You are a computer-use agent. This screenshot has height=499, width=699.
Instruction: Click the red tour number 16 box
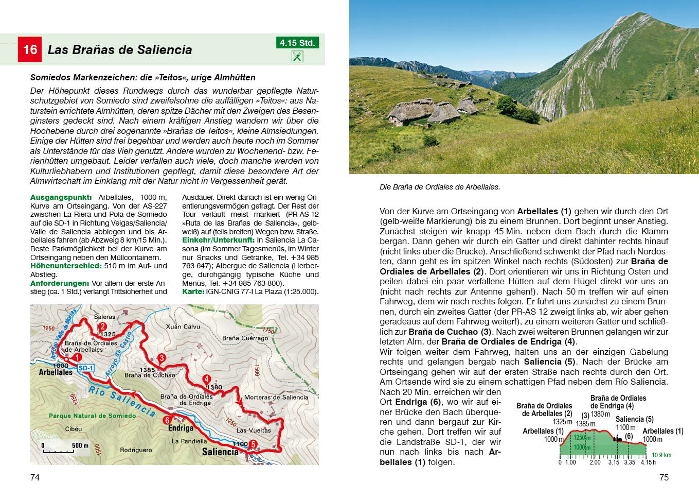coord(29,49)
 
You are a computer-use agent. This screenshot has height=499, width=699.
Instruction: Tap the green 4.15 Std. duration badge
coord(297,43)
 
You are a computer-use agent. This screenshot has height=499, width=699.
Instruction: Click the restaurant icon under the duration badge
coord(297,56)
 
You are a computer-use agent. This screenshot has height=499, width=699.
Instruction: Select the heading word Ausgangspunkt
coord(61,197)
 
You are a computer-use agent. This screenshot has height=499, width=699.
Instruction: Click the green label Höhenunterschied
coord(66,266)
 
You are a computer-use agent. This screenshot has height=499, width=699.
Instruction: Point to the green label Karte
coord(193,291)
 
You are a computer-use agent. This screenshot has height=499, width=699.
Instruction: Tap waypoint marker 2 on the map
coord(102,326)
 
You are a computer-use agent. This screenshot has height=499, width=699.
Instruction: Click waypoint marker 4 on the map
coord(206,379)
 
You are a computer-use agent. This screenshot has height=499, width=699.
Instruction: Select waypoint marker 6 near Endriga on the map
coord(167,420)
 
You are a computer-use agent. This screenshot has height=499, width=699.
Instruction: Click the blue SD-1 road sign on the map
coord(85,368)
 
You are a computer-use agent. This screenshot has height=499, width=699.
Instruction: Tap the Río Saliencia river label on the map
coord(121,401)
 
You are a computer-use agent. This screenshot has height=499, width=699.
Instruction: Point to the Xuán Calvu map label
coord(183,326)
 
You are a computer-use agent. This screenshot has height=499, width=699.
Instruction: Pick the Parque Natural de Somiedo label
coord(93,416)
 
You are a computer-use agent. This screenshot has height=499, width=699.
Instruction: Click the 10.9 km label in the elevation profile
coord(661,455)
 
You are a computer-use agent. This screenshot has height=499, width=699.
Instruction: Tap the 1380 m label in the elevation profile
coord(600,414)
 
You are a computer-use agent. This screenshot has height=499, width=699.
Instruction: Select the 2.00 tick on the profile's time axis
coord(595,462)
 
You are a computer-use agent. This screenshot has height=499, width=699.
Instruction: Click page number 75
coord(664,477)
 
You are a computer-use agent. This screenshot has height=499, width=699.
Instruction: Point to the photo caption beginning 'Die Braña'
coord(439,187)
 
